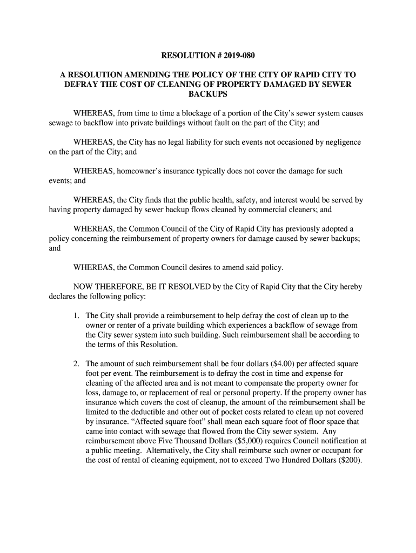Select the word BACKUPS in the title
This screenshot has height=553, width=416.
pyautogui.click(x=208, y=94)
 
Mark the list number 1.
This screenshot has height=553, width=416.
pyautogui.click(x=77, y=316)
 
